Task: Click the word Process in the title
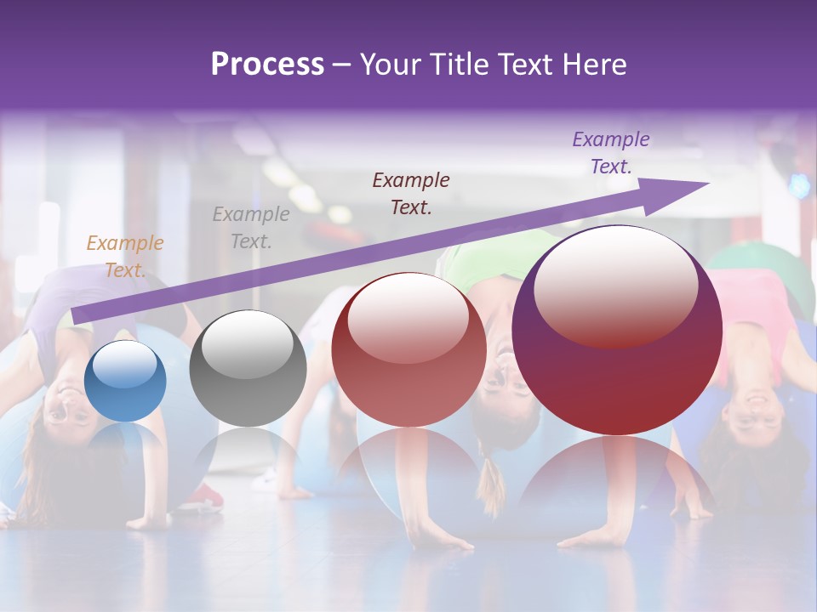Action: click(x=267, y=65)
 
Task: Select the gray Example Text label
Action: click(x=250, y=227)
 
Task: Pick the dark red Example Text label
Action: click(x=411, y=193)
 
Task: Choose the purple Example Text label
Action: click(x=610, y=153)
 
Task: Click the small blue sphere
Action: click(x=125, y=382)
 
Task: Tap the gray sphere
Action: click(x=248, y=370)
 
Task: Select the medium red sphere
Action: click(x=408, y=350)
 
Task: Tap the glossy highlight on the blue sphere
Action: click(x=124, y=364)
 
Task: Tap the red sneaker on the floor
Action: click(x=204, y=496)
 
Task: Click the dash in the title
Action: click(x=341, y=65)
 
